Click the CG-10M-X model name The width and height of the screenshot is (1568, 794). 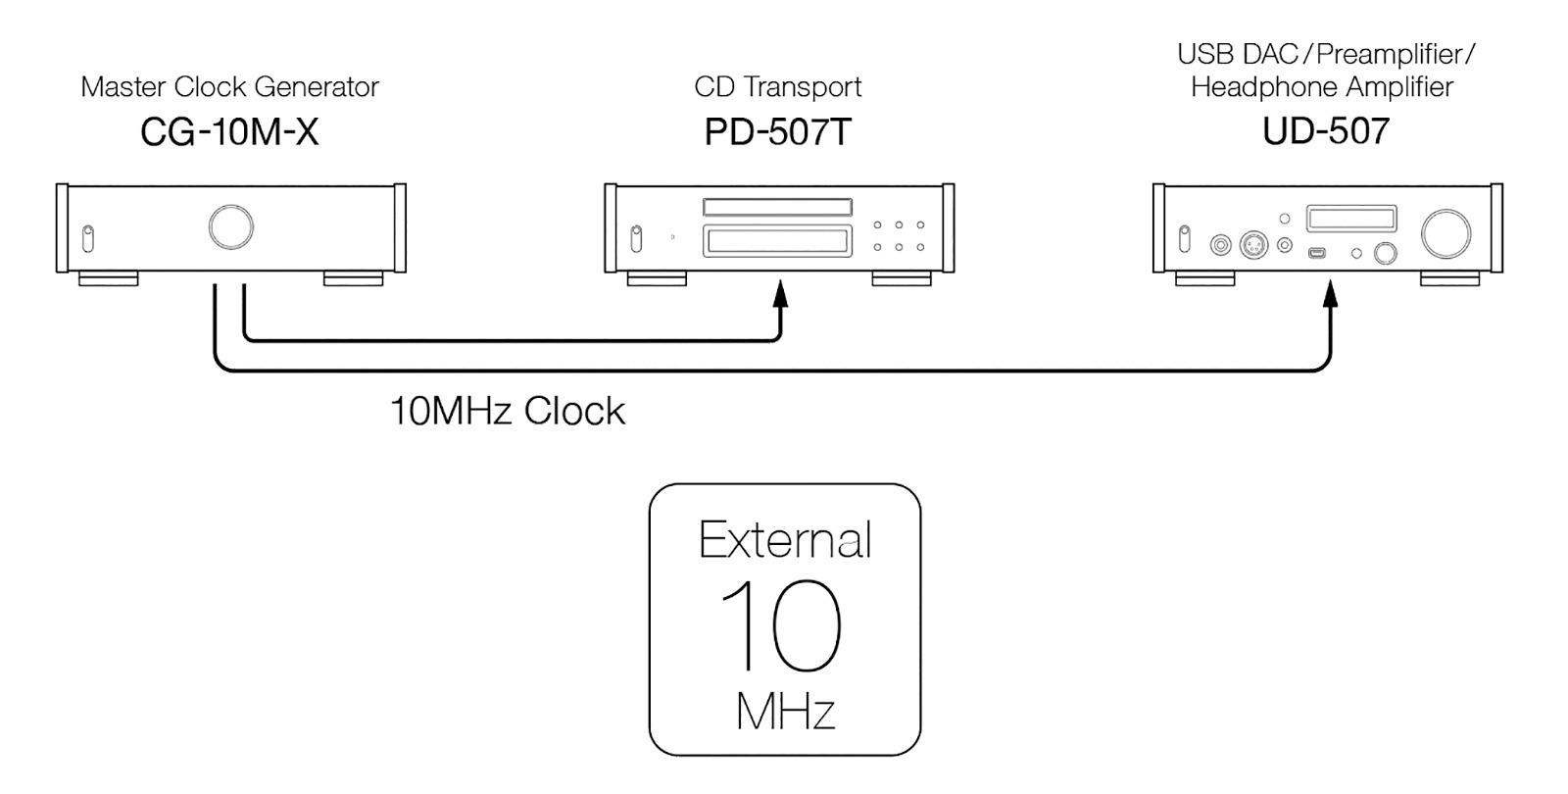click(x=229, y=131)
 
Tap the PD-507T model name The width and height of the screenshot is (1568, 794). click(x=778, y=131)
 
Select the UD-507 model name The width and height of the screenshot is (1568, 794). click(x=1326, y=131)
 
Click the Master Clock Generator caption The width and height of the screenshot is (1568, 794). click(x=229, y=87)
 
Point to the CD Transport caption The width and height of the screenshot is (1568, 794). click(x=778, y=87)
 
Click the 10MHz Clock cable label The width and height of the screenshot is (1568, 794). click(x=507, y=411)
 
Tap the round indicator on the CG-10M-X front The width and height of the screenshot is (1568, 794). click(x=231, y=226)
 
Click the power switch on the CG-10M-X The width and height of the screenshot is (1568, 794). click(x=87, y=238)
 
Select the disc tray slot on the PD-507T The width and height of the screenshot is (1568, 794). click(x=778, y=207)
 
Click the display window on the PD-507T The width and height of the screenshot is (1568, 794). click(x=778, y=241)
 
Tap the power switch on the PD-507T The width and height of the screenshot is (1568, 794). click(x=636, y=238)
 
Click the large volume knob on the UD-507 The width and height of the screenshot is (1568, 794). click(x=1445, y=233)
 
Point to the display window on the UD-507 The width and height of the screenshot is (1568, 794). click(x=1351, y=219)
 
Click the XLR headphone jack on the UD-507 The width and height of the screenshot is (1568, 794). click(x=1253, y=245)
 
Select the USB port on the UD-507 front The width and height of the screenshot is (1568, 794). click(x=1317, y=252)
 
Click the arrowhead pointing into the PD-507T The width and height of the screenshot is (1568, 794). click(x=780, y=294)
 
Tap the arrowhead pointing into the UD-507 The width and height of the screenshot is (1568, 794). click(x=1330, y=294)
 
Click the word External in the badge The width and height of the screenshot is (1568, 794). click(x=785, y=539)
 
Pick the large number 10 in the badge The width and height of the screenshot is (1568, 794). click(x=780, y=625)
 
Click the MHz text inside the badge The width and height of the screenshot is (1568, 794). click(x=785, y=712)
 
